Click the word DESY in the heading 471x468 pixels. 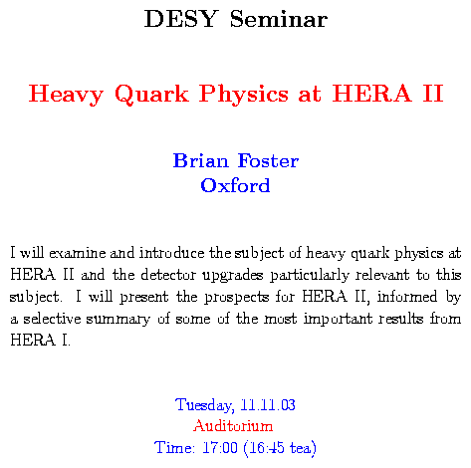pos(181,19)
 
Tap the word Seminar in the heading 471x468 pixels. pos(279,19)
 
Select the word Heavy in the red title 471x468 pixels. pos(66,95)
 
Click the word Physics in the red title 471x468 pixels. pos(244,95)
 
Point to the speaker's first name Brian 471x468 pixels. pos(201,160)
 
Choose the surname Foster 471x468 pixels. pos(268,160)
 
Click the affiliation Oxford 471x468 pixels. pos(235,185)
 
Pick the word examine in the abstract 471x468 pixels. pos(78,253)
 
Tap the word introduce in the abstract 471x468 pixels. pos(172,253)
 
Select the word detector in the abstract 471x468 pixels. pos(168,275)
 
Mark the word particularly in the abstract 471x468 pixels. pos(310,276)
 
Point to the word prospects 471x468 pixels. pos(237,298)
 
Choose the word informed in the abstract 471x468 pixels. pos(407,297)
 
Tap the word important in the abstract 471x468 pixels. pos(339,320)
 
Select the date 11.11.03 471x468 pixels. pos(268,404)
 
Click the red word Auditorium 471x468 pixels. pos(233,426)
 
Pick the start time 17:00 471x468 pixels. pos(220,447)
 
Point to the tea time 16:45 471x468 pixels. pos(267,447)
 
